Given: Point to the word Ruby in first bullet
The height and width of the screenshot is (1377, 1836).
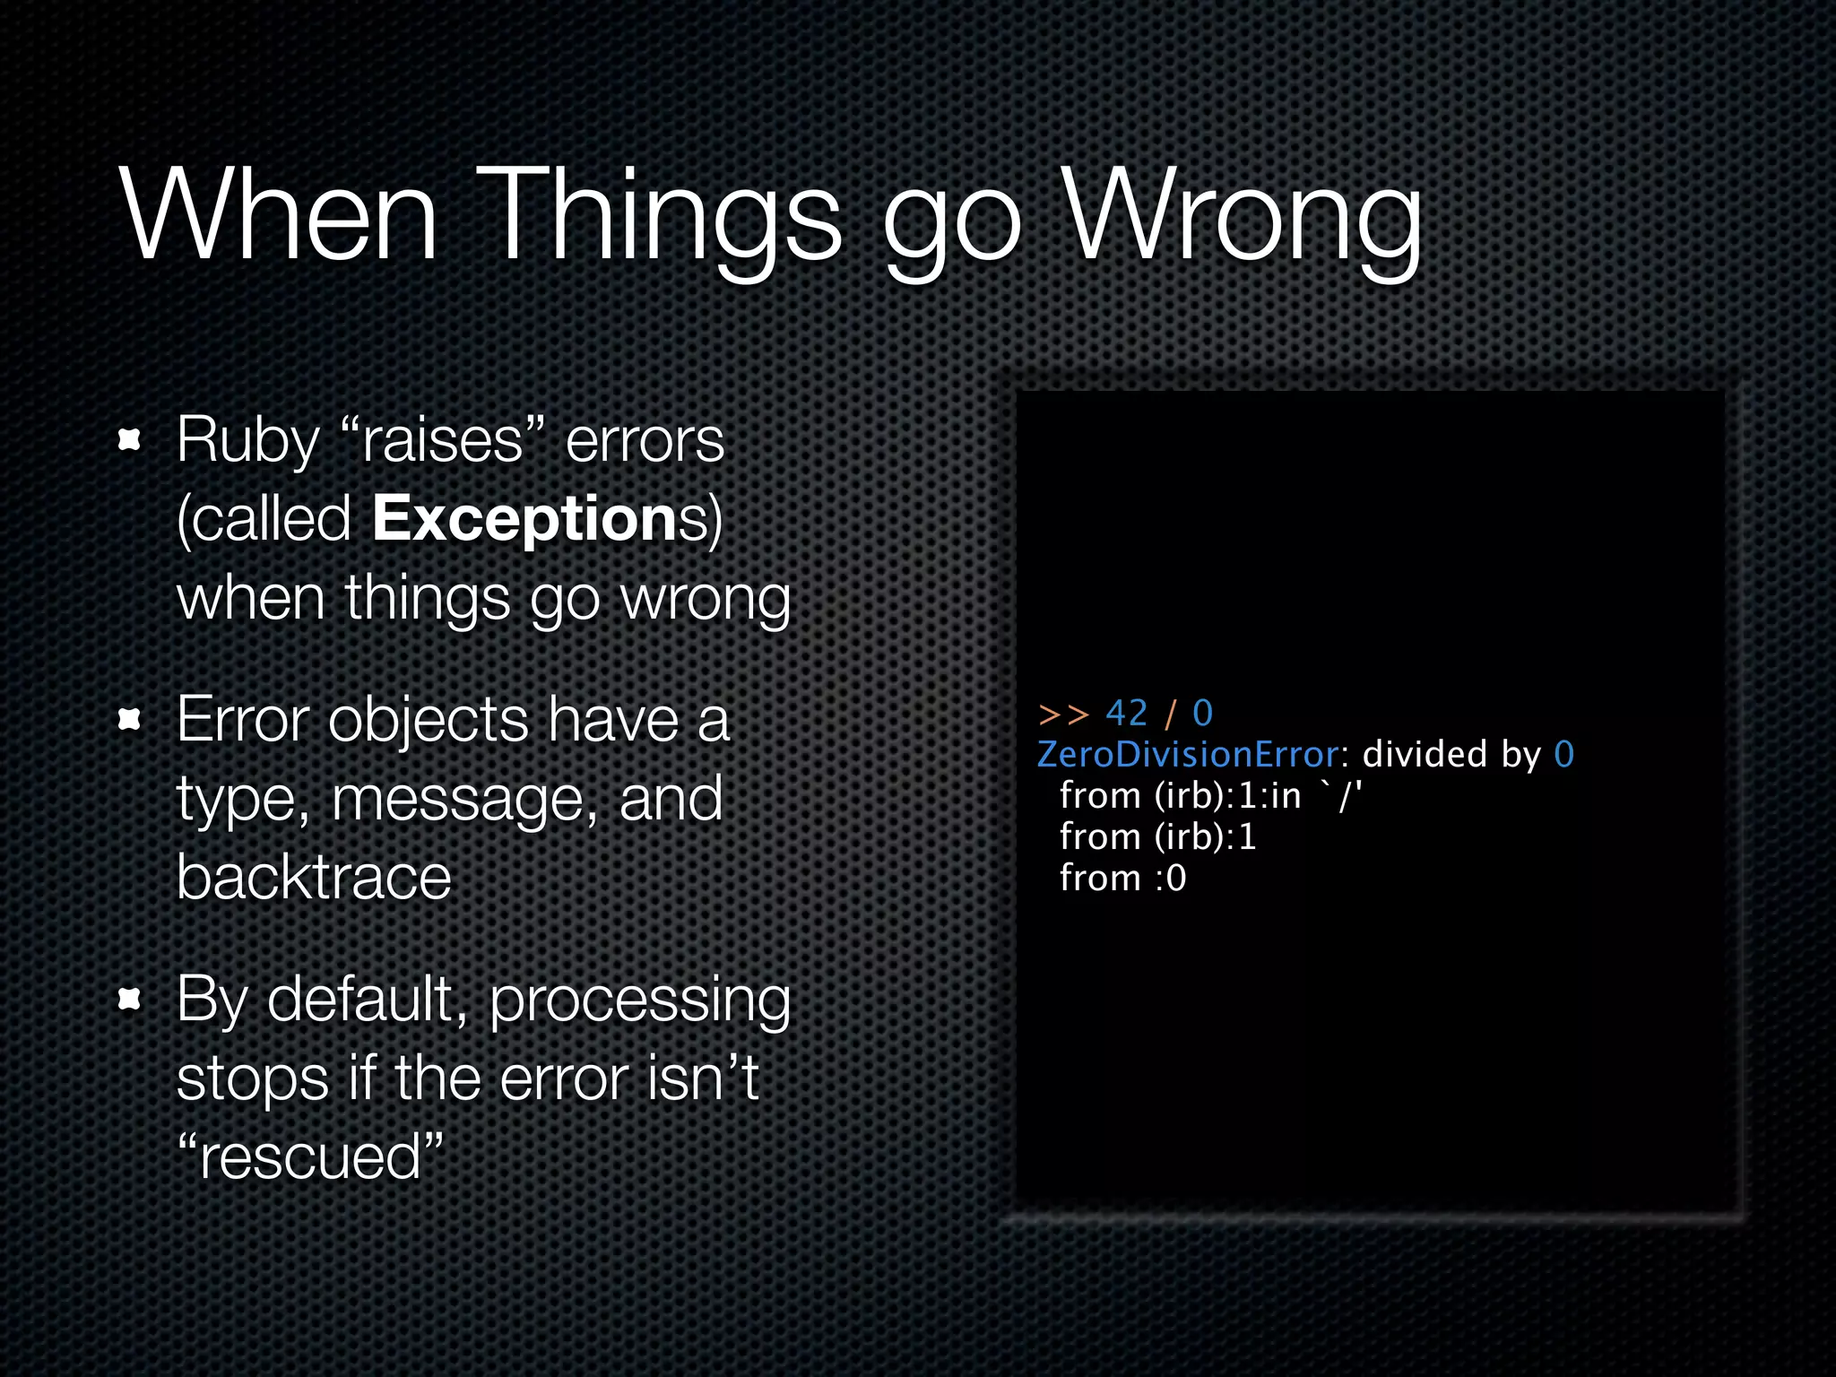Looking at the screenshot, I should [247, 441].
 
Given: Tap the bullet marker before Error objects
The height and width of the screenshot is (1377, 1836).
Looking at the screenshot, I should [130, 720].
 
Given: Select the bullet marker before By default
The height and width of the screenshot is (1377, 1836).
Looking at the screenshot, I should [130, 999].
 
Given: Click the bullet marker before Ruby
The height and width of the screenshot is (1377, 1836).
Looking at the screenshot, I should [130, 440].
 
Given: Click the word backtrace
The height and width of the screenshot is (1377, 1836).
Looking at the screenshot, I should [314, 878].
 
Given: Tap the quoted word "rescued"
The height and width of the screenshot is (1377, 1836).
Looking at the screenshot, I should [310, 1156].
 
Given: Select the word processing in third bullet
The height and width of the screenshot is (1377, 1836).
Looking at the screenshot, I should [639, 1000].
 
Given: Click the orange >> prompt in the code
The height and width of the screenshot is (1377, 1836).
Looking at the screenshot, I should [1062, 714].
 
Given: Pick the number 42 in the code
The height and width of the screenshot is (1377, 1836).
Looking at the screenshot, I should [1127, 714].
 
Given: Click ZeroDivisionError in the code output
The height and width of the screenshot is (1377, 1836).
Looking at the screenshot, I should [1188, 755].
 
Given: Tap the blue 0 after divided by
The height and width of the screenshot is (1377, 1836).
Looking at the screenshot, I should [1564, 755].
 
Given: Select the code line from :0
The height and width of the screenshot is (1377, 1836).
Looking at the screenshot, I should [1122, 879].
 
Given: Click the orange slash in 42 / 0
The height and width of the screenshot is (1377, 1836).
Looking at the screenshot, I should [1170, 714].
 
